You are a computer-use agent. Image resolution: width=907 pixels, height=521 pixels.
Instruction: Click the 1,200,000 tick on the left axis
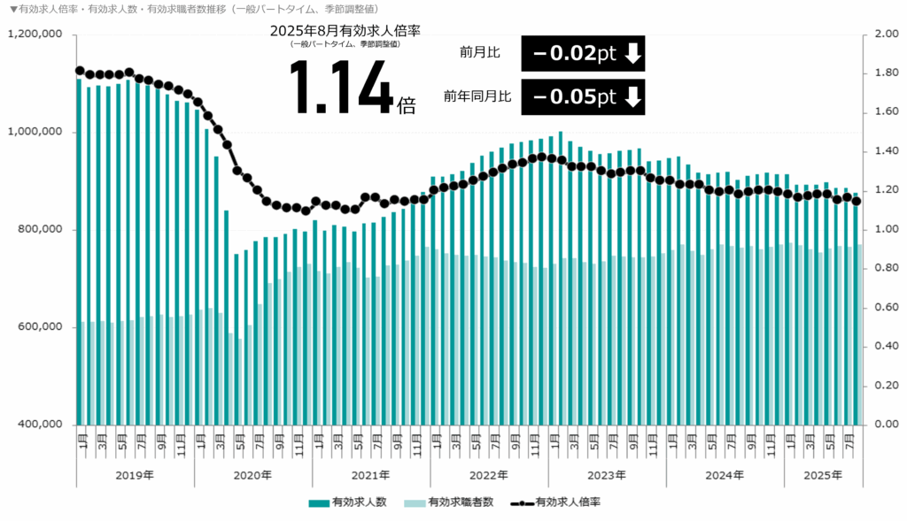coord(36,34)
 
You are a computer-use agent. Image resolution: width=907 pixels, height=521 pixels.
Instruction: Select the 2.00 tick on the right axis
coord(887,34)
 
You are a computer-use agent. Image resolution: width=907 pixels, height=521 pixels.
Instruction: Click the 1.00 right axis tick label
coord(887,230)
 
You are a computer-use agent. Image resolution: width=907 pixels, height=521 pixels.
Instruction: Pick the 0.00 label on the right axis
coord(887,425)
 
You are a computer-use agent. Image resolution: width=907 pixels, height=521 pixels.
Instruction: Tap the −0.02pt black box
coord(583,53)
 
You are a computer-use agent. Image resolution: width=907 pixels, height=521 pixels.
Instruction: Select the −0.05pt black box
coord(583,97)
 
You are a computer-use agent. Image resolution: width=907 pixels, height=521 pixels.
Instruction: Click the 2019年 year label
coord(135,475)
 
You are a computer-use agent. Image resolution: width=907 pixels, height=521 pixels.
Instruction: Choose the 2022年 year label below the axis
coord(488,475)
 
